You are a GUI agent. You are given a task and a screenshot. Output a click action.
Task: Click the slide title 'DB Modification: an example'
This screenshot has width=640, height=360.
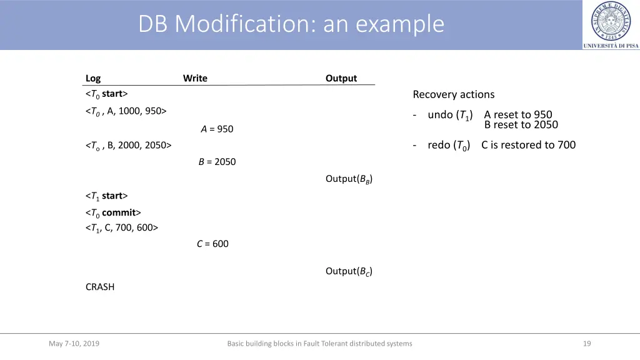point(291,24)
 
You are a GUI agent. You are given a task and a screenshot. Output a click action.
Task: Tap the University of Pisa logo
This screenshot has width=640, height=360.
point(611,25)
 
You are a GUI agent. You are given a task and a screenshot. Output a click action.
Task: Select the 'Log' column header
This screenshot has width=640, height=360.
point(93,78)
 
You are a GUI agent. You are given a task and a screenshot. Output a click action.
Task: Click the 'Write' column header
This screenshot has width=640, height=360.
point(195,78)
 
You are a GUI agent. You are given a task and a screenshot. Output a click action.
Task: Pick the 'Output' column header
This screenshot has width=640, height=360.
point(341,78)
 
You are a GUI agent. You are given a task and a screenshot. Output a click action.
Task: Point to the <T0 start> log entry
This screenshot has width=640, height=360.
point(106,94)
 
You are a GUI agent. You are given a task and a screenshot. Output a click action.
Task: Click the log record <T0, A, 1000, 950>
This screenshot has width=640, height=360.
point(126,111)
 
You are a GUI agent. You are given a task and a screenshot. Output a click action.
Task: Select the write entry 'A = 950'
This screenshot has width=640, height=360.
point(217,129)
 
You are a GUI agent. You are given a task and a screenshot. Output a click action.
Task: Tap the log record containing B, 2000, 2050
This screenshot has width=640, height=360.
point(128,146)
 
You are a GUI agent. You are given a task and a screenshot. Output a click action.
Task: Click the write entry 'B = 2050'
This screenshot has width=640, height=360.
point(217,162)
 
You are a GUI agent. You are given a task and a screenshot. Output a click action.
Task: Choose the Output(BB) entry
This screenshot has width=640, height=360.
point(349,179)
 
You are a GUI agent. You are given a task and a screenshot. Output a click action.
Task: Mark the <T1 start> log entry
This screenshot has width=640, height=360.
point(106,196)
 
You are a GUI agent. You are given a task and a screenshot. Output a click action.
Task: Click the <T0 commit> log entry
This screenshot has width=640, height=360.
point(113,212)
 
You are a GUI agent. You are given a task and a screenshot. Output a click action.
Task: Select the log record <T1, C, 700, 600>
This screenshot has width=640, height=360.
point(122,228)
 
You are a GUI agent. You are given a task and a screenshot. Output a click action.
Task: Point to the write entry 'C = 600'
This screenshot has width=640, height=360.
point(212,244)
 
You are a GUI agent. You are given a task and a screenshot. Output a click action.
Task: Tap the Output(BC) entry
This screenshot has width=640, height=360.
point(349,271)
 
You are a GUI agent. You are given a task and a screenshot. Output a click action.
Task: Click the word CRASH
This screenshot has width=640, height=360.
point(100,287)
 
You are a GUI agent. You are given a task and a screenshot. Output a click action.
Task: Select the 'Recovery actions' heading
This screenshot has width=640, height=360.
point(453,95)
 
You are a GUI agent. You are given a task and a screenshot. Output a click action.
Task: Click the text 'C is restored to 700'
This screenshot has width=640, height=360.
point(528,145)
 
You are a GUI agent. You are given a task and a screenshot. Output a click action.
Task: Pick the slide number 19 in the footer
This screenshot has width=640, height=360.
point(586,343)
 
